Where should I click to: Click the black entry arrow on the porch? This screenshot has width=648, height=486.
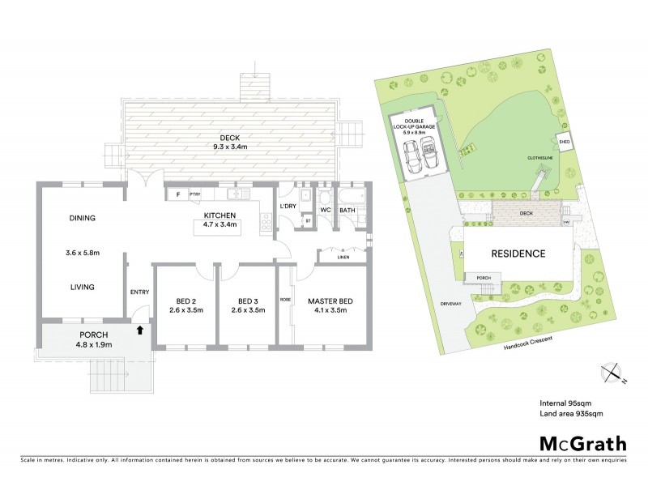pos(140,330)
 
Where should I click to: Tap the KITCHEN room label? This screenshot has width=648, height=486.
pos(215,215)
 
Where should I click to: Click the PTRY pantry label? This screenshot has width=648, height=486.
pos(194,194)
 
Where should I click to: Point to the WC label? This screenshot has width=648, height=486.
pos(326,211)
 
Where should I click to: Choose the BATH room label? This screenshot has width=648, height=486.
pos(347,211)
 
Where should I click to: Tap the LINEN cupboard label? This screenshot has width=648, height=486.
pos(343,258)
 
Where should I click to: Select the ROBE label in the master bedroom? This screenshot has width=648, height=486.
pos(285,299)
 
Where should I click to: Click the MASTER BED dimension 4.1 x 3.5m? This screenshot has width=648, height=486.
pos(327,310)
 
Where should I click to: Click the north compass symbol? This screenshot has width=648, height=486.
pos(613,373)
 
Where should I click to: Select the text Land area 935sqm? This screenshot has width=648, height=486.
pos(573,414)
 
